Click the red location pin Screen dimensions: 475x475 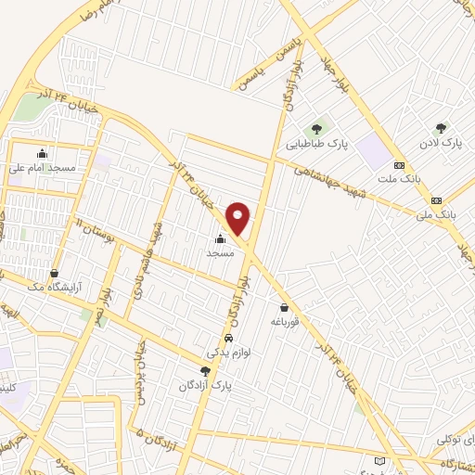pyautogui.click(x=238, y=218)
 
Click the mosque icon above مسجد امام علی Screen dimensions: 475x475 pyautogui.click(x=43, y=154)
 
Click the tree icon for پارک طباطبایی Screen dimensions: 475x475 pyautogui.click(x=317, y=128)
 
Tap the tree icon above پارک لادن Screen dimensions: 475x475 pyautogui.click(x=440, y=128)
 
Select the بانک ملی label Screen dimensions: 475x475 pyautogui.click(x=437, y=214)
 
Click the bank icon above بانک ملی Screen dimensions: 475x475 pyautogui.click(x=437, y=199)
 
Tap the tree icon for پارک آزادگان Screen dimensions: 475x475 pyautogui.click(x=206, y=370)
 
